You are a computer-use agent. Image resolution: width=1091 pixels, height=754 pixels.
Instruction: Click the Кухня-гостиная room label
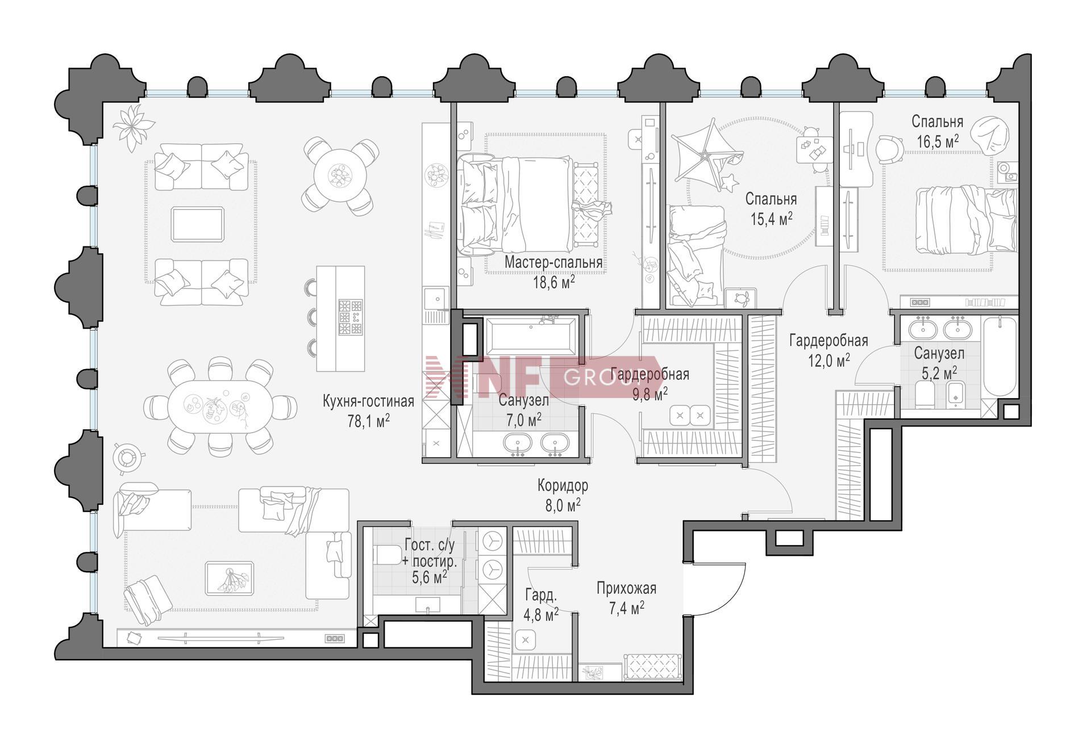(368, 401)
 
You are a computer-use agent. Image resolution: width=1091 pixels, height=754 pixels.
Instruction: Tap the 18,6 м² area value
(553, 282)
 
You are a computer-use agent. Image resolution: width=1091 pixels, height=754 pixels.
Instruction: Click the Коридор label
(563, 486)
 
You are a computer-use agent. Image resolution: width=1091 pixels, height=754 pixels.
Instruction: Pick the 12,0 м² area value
(829, 360)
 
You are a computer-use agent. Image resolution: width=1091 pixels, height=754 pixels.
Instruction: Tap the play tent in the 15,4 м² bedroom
(706, 149)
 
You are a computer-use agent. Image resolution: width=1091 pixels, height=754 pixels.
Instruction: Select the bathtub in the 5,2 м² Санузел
(1000, 358)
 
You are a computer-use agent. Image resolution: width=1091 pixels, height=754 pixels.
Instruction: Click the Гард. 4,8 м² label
(542, 605)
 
